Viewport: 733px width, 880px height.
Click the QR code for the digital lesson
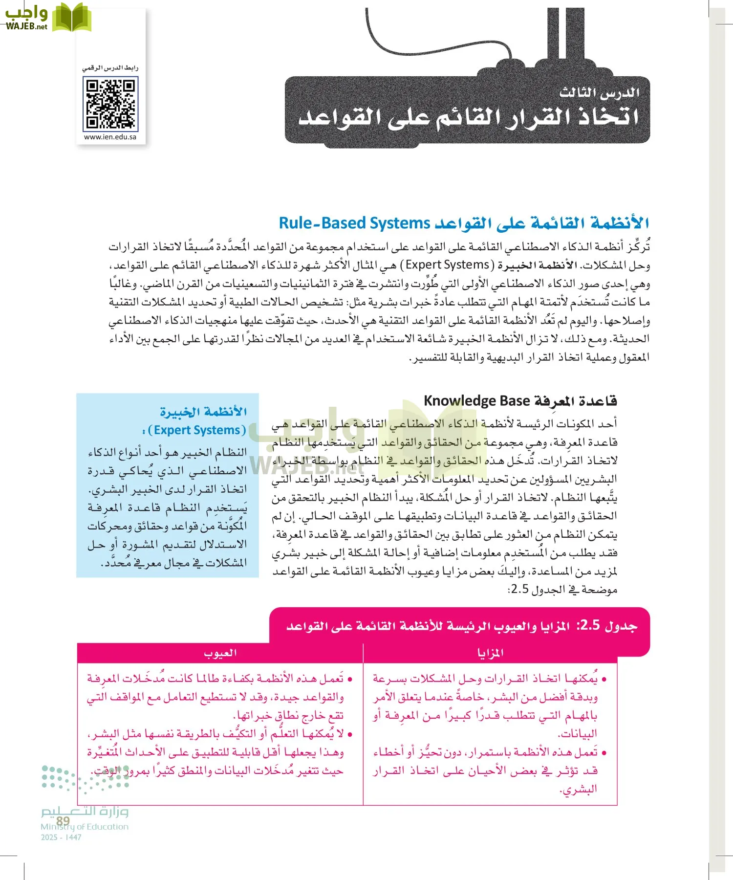[110, 104]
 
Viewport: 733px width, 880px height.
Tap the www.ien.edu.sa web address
[110, 137]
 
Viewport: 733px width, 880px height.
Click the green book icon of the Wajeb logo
[72, 18]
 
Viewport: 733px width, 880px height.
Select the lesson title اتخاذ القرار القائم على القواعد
[468, 117]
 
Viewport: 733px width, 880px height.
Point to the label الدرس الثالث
[599, 92]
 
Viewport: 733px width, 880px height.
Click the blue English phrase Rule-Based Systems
[354, 223]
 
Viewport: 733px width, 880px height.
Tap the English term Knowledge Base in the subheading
[476, 401]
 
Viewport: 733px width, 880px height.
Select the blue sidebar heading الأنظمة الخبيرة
[203, 412]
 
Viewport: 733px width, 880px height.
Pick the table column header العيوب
[220, 653]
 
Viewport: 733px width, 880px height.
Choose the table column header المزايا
[490, 653]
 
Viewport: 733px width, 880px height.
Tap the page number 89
[63, 820]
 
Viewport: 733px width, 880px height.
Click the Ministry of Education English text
[85, 827]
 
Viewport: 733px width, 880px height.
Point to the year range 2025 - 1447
[61, 837]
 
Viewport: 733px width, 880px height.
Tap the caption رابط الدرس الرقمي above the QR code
[110, 68]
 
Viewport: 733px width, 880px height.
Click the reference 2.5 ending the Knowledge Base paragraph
[518, 590]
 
